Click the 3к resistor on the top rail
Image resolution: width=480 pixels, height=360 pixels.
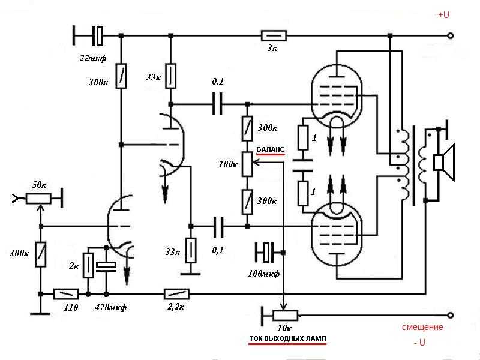tap(274, 35)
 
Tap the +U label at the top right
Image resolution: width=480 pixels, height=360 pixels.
tap(443, 14)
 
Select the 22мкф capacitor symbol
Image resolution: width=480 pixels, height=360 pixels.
tap(98, 36)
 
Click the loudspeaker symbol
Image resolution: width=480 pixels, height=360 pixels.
tap(445, 162)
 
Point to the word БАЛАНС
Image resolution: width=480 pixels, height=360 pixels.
tap(271, 149)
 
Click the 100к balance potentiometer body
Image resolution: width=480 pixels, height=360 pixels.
tap(247, 164)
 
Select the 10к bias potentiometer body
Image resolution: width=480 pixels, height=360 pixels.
tap(285, 316)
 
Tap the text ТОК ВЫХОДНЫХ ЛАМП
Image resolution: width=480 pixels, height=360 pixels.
tap(287, 338)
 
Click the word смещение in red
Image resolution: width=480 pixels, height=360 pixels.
tap(422, 327)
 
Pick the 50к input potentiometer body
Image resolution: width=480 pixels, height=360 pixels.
tap(38, 199)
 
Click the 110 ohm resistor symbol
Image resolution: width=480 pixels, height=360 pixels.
tap(66, 294)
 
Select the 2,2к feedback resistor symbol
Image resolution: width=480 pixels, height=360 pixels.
tap(176, 294)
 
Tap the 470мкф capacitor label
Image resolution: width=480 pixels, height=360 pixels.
tap(110, 307)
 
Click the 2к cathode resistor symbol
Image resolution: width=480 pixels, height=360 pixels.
tap(88, 265)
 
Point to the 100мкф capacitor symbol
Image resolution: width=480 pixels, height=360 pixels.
tap(266, 253)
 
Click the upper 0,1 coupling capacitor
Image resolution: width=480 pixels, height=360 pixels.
tap(217, 104)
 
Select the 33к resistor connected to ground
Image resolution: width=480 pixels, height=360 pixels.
tap(191, 250)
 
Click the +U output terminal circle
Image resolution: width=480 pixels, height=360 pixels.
tap(451, 36)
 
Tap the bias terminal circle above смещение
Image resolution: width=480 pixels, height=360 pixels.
tap(451, 315)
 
